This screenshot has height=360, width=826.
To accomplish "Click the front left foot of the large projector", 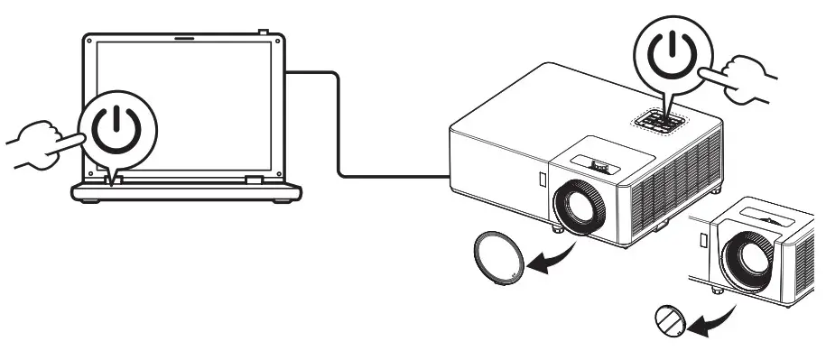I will tap(558, 228).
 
